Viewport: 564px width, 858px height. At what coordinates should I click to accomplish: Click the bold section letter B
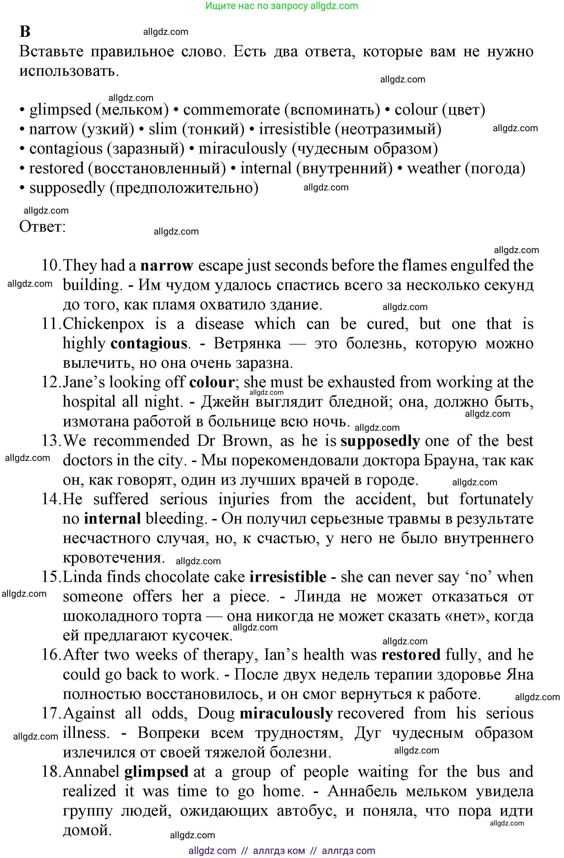click(x=25, y=32)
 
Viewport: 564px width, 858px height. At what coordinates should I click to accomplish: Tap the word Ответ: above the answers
click(x=42, y=226)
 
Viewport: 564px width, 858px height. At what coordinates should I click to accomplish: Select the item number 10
click(x=51, y=266)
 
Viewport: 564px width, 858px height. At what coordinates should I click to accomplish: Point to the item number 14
click(x=51, y=499)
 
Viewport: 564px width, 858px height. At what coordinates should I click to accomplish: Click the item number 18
click(x=51, y=772)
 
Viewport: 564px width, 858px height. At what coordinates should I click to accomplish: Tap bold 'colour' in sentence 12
click(x=212, y=383)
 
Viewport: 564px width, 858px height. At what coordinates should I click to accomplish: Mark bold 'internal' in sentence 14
click(x=112, y=519)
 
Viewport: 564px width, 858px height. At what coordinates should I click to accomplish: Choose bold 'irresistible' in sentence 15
click(x=288, y=577)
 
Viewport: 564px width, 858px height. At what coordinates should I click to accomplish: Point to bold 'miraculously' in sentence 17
click(x=285, y=713)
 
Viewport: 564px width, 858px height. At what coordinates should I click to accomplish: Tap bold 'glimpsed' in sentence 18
click(x=156, y=772)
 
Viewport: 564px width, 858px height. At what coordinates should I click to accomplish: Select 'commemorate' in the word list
click(x=231, y=110)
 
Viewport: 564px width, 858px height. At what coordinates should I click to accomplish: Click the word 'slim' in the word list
click(x=163, y=129)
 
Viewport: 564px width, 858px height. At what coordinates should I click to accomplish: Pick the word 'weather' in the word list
click(x=434, y=168)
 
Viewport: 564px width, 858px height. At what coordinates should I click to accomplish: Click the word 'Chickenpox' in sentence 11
click(x=103, y=324)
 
